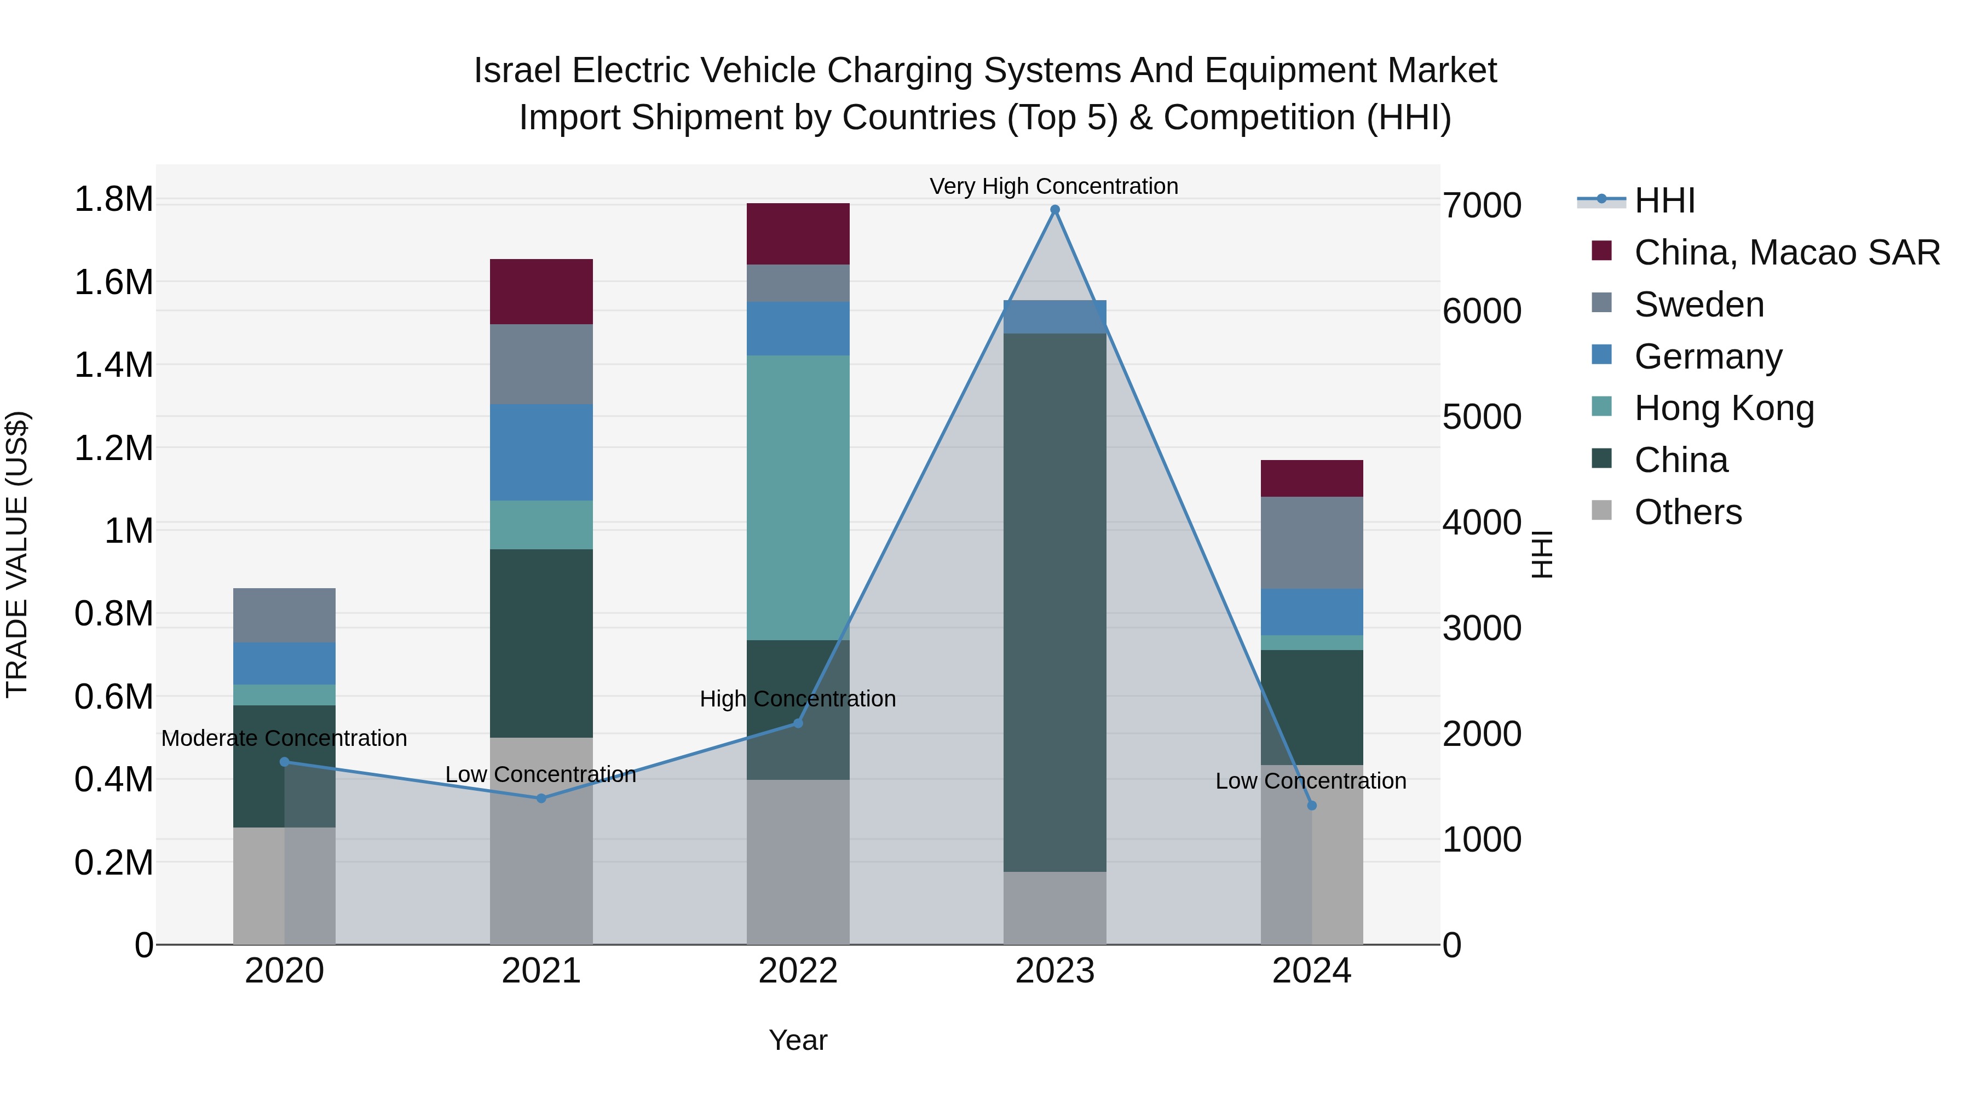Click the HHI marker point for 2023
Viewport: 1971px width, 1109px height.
click(1054, 210)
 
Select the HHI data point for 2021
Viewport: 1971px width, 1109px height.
click(541, 798)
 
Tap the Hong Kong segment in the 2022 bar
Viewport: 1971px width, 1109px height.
click(798, 497)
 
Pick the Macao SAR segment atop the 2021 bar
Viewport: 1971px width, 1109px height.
click(541, 291)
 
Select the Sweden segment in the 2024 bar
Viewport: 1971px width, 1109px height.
click(1311, 543)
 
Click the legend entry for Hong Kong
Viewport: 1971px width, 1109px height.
click(1724, 408)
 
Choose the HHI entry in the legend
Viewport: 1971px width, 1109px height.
click(1664, 200)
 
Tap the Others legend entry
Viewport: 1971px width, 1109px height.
click(1687, 512)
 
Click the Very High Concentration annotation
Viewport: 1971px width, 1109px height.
click(1053, 186)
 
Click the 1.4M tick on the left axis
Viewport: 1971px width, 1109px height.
click(113, 365)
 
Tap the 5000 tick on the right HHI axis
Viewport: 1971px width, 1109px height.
click(1482, 417)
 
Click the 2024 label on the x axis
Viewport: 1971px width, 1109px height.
click(1311, 971)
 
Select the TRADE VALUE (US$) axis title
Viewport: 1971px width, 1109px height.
click(17, 554)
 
